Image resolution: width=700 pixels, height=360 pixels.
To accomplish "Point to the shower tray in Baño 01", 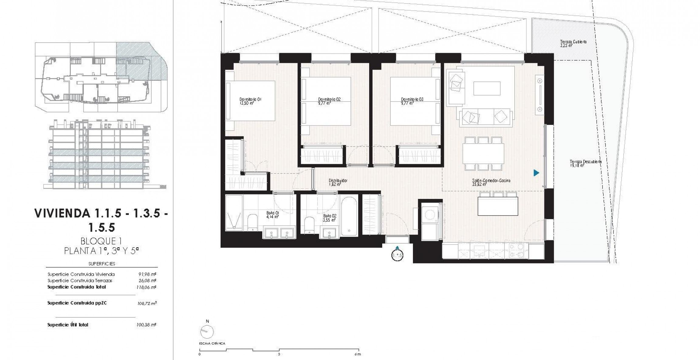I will tap(234, 213).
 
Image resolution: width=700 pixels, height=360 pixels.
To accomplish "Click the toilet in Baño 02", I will tap(309, 225).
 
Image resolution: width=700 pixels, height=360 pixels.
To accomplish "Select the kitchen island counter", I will tap(498, 206).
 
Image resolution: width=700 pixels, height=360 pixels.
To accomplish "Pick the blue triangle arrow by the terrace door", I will tap(536, 173).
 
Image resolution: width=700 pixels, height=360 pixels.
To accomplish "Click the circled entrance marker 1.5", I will tap(397, 255).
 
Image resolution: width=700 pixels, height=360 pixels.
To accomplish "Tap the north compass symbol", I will tap(207, 331).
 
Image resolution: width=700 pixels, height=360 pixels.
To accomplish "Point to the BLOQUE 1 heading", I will tap(101, 241).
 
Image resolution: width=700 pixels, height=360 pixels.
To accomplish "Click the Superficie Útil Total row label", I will tap(68, 325).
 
